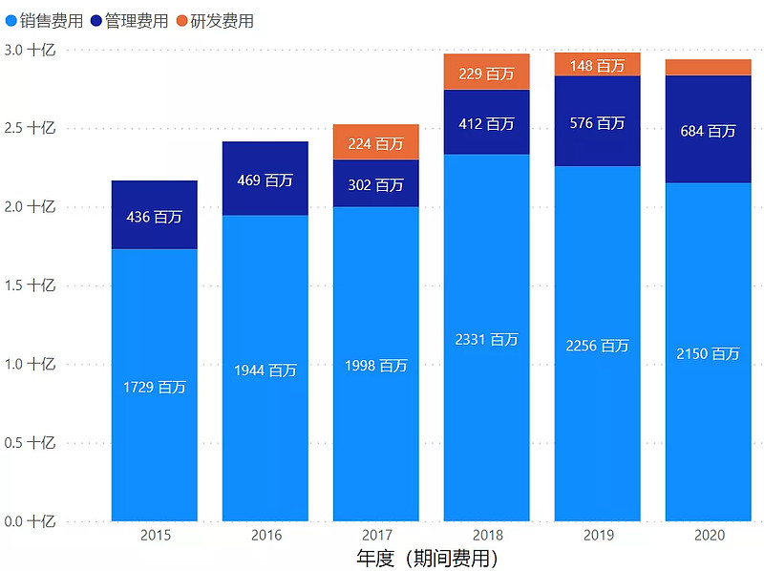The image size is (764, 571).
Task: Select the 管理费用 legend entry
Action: [129, 20]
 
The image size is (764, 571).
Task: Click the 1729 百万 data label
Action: [155, 387]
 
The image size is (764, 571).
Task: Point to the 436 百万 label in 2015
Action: [155, 217]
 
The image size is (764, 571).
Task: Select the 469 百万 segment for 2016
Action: [265, 179]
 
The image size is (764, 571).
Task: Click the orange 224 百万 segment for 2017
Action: [376, 142]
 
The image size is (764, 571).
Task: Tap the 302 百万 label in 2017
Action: [376, 184]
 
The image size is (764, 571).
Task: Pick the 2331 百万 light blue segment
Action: [487, 338]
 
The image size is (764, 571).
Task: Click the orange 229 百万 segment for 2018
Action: [487, 72]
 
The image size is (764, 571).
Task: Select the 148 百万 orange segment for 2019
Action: [598, 64]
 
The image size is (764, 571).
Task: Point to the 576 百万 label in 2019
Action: [598, 123]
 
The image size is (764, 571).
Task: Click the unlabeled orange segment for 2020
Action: [709, 67]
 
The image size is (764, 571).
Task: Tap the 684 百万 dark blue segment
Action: [709, 130]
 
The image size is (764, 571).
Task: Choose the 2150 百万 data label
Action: [709, 353]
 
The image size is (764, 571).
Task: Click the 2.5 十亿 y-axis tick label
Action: [31, 128]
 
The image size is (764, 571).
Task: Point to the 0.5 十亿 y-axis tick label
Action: [31, 443]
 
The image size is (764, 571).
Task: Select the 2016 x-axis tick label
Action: [265, 535]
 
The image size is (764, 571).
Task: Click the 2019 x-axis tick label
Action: [598, 535]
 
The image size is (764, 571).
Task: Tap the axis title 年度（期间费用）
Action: [427, 558]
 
